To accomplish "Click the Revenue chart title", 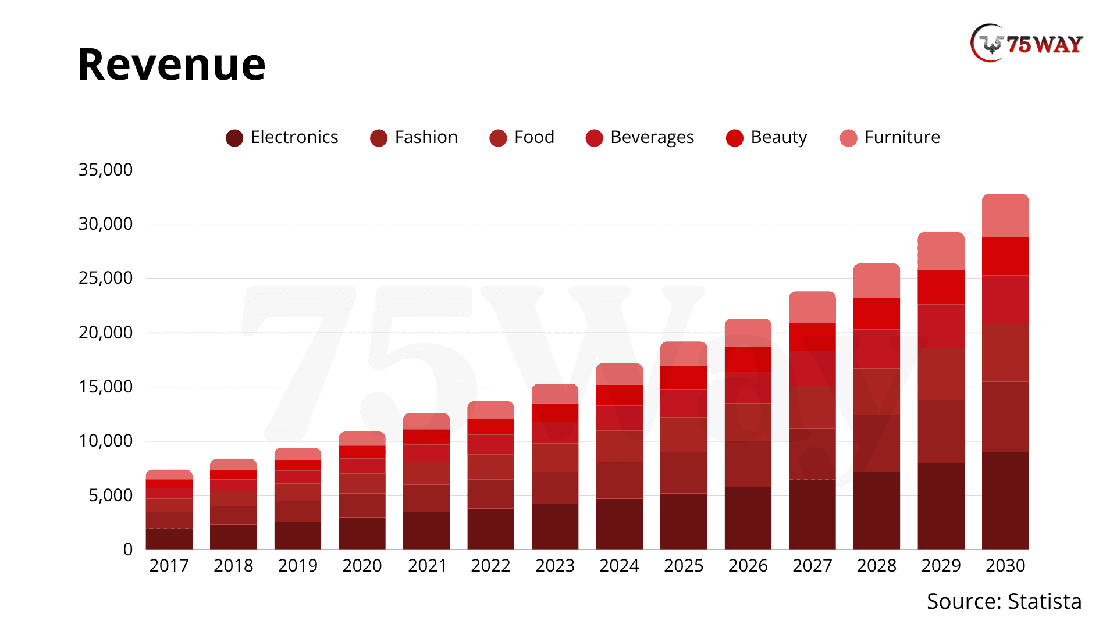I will (172, 64).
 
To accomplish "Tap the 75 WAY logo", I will (1027, 44).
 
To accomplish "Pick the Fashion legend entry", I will (414, 138).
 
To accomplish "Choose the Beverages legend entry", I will (640, 138).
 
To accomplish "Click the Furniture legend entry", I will (890, 138).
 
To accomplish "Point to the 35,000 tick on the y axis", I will (105, 170).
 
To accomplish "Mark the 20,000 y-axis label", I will (105, 333).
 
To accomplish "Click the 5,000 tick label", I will (111, 495).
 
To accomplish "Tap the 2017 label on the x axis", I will (169, 566).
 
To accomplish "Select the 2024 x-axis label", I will (619, 566).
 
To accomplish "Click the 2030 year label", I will (1005, 566).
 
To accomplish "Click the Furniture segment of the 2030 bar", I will (1005, 216).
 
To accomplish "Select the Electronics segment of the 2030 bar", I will (1005, 501).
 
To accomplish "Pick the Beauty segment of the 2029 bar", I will (941, 287).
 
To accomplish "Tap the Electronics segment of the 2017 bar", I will (169, 539).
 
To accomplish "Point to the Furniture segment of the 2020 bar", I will (362, 438).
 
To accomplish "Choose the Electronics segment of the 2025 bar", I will (684, 522).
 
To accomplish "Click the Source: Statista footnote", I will (1004, 601).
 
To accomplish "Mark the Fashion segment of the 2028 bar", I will (877, 443).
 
